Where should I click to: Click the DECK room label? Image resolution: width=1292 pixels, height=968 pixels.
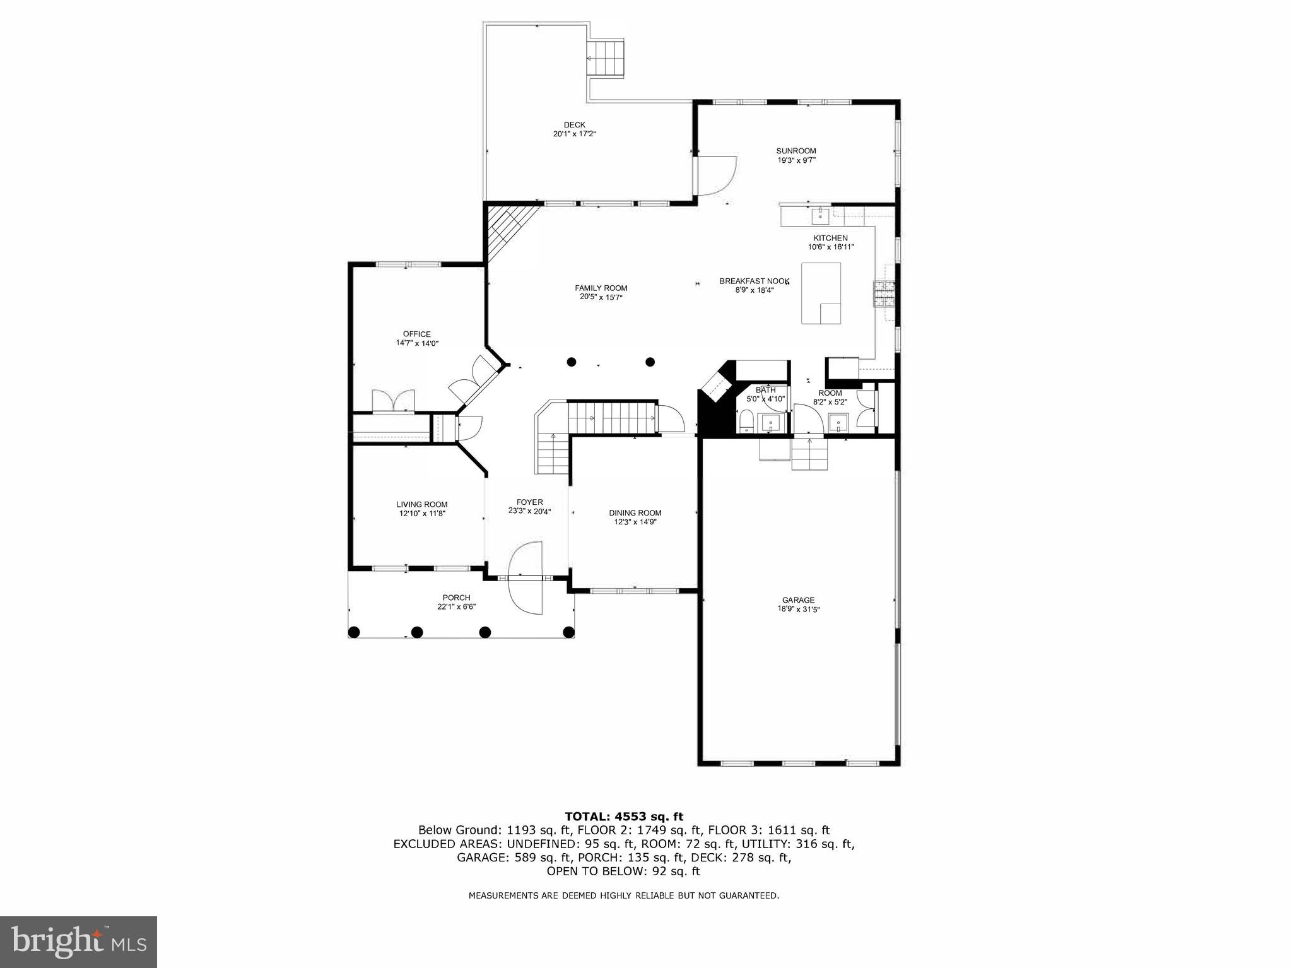[574, 125]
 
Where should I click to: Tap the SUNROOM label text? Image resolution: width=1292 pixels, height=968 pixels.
[796, 151]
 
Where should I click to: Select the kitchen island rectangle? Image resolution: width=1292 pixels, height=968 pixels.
[820, 293]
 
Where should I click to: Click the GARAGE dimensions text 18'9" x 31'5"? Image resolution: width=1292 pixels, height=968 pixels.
[798, 610]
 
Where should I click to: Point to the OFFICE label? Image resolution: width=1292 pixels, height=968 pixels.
[416, 334]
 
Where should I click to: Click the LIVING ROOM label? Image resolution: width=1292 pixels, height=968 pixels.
[421, 504]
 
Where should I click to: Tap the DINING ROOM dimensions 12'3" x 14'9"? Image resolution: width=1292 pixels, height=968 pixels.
[635, 522]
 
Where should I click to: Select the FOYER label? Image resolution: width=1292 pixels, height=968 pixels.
[529, 502]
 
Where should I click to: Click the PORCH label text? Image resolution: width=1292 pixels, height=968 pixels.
[456, 598]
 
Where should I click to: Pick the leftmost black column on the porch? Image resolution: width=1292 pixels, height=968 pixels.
[354, 632]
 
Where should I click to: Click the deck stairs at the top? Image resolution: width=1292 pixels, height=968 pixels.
[606, 58]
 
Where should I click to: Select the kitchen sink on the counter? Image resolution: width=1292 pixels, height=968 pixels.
[820, 215]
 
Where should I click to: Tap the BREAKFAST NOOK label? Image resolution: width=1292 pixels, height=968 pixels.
[754, 281]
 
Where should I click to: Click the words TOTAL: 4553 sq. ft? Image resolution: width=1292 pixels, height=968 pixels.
[623, 817]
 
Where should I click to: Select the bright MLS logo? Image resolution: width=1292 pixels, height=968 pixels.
[78, 941]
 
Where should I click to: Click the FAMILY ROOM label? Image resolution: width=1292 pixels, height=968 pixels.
[601, 288]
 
